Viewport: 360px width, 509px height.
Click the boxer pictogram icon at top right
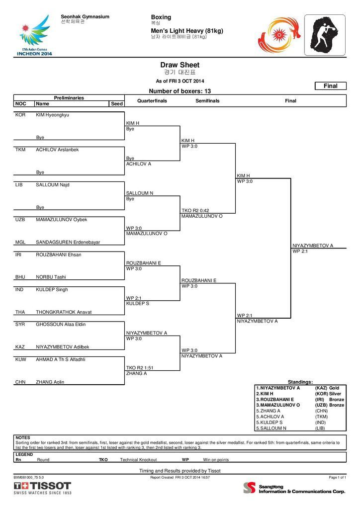tap(325, 35)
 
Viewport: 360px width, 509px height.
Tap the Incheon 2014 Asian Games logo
tap(34, 35)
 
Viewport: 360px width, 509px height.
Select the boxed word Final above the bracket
tap(331, 86)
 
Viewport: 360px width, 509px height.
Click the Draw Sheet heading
tap(180, 65)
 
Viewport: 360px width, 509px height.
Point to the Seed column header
tap(117, 103)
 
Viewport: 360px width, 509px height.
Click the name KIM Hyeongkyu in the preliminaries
tap(52, 115)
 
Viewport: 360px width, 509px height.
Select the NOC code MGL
tap(20, 242)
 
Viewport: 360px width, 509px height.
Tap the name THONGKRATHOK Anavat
tap(64, 312)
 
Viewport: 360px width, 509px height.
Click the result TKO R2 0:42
tap(195, 210)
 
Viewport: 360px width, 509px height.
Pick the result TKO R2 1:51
tap(140, 368)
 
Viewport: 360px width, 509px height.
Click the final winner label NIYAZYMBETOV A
tap(313, 246)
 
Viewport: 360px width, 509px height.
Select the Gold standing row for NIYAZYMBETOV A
tap(300, 388)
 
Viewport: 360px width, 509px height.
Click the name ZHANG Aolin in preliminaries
tap(50, 382)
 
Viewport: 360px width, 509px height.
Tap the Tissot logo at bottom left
tap(42, 488)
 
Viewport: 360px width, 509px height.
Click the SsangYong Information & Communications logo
tap(294, 488)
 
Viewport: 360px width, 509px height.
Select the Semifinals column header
tap(207, 101)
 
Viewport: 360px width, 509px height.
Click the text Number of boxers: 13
tap(180, 91)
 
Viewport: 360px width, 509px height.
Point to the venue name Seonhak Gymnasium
tap(85, 16)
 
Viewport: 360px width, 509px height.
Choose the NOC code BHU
tap(20, 277)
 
